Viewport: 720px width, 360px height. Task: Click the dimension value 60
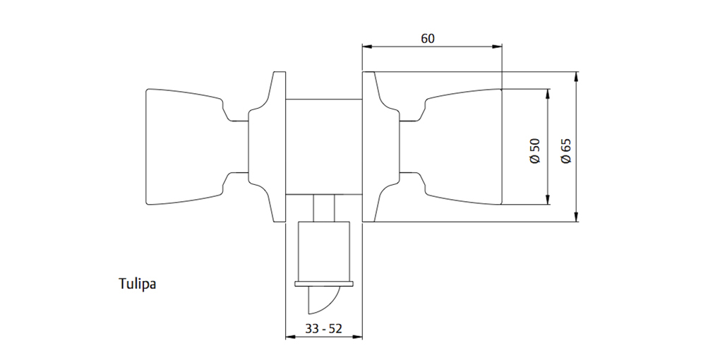(428, 39)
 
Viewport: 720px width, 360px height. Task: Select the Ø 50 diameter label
(535, 150)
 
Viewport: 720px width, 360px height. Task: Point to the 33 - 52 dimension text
(323, 328)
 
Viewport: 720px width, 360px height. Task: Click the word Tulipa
(136, 284)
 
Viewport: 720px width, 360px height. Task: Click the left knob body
(184, 147)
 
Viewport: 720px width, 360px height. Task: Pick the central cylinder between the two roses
(323, 147)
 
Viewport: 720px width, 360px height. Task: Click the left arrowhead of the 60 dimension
(366, 47)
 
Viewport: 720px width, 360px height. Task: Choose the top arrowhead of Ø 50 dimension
(548, 93)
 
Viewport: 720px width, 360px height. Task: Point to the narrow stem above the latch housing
(324, 209)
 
